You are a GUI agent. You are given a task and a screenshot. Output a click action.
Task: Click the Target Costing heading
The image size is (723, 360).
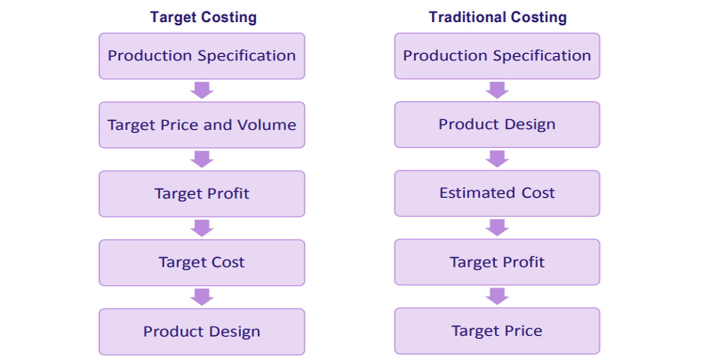coord(203,17)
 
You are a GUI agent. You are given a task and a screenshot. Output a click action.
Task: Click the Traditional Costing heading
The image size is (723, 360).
coord(497,17)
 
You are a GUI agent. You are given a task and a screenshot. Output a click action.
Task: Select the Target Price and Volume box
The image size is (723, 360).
coord(202,125)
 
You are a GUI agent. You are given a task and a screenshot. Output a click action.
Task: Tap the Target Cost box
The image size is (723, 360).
coord(202,262)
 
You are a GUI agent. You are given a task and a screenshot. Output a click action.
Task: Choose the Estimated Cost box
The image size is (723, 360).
coord(497,193)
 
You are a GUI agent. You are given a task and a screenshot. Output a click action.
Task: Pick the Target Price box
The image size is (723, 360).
coord(497,331)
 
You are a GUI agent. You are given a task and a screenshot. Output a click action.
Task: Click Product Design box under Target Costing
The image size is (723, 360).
coord(202,332)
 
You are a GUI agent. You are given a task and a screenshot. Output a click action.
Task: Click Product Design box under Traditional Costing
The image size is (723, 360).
coord(497,124)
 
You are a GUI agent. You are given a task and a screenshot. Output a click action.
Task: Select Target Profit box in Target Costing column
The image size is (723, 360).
coord(202,194)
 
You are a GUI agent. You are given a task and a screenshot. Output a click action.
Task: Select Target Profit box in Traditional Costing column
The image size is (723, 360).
coord(497,262)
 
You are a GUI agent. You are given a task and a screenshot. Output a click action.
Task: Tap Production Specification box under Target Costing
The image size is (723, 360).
coord(202,56)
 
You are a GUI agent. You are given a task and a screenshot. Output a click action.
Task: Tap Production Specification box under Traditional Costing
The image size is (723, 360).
coord(497,56)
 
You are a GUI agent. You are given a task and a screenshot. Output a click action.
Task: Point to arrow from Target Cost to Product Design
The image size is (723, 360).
coord(202,297)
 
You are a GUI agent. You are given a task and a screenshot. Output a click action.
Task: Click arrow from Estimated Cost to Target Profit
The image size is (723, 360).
coord(497,228)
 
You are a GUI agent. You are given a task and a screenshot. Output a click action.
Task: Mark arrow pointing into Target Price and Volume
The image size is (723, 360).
coord(202,90)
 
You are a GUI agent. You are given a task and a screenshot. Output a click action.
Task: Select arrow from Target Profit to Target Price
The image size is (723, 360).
coord(497,296)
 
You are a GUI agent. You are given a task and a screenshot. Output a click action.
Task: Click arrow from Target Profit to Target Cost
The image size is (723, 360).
coord(202,228)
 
